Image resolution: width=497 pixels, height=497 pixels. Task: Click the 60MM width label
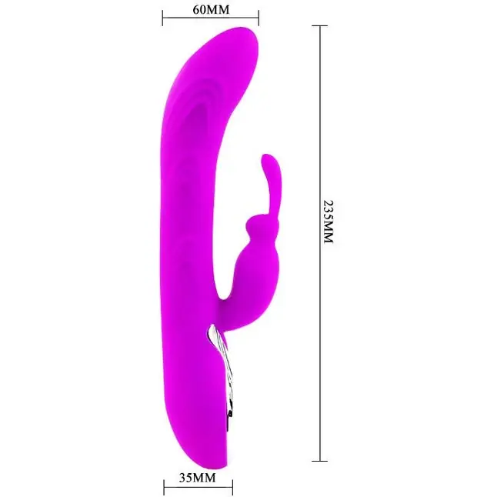[x=211, y=9]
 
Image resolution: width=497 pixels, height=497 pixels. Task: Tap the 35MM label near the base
[x=197, y=477]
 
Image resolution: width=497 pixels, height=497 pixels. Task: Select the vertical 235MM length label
[x=329, y=222]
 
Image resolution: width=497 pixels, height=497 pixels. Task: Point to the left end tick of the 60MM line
[x=162, y=18]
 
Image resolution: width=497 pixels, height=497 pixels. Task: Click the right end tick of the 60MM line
[x=259, y=18]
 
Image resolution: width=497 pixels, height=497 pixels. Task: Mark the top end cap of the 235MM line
[x=319, y=25]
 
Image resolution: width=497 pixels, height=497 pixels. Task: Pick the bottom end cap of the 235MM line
[x=319, y=461]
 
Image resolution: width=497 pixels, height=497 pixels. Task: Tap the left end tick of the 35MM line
[x=164, y=488]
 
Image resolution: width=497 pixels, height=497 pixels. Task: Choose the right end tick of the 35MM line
[x=232, y=488]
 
